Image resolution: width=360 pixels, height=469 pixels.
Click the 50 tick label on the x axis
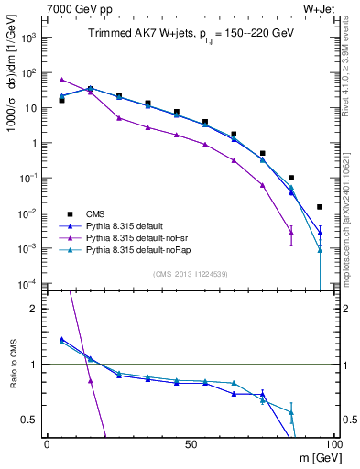pyautogui.click(x=190, y=444)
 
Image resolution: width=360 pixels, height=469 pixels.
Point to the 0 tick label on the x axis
pyautogui.click(x=47, y=444)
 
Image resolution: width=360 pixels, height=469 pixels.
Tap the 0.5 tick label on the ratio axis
pyautogui.click(x=31, y=420)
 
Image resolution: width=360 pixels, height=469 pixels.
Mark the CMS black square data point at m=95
pyautogui.click(x=320, y=207)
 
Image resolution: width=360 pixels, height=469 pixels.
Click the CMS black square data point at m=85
pyautogui.click(x=291, y=178)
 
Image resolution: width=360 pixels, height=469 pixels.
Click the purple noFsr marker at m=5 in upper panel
pyautogui.click(x=61, y=80)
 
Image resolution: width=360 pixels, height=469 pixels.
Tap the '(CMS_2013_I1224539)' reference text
pyautogui.click(x=191, y=273)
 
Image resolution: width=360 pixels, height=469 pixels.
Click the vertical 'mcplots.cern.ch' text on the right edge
pyautogui.click(x=352, y=220)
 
